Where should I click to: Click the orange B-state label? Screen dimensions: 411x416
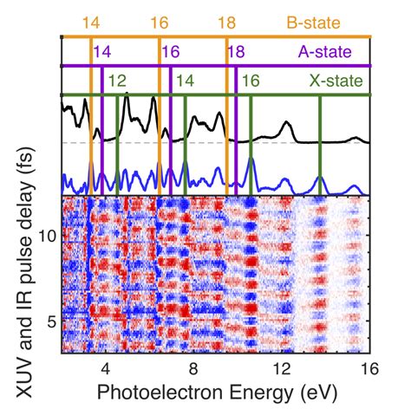tap(314, 23)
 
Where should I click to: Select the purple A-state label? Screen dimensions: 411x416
tap(325, 52)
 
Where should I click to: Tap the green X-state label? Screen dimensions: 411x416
tap(336, 81)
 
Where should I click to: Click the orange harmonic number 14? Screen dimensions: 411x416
tap(91, 23)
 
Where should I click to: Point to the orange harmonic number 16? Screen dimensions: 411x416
tap(160, 23)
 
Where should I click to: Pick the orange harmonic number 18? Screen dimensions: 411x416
tap(227, 23)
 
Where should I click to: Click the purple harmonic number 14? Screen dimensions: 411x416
tap(102, 52)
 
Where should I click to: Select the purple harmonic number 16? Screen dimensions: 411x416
tap(171, 52)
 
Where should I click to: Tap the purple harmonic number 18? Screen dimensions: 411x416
tap(237, 52)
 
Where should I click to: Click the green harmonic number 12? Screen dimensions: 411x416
tap(118, 81)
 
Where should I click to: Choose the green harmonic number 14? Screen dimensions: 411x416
tap(186, 81)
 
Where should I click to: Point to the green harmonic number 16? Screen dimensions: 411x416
tap(251, 81)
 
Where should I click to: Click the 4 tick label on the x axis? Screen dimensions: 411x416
tap(106, 369)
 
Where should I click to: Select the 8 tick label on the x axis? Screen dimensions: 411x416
tap(193, 369)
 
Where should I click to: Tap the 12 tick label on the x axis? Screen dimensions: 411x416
tap(282, 369)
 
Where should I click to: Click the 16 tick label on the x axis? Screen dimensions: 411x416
tap(369, 369)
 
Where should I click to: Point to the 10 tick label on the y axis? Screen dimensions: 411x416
tap(48, 237)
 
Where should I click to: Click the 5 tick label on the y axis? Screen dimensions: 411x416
tap(52, 322)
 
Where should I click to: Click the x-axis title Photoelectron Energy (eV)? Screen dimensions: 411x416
tap(218, 393)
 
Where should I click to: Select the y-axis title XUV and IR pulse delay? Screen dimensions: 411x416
tap(25, 272)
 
